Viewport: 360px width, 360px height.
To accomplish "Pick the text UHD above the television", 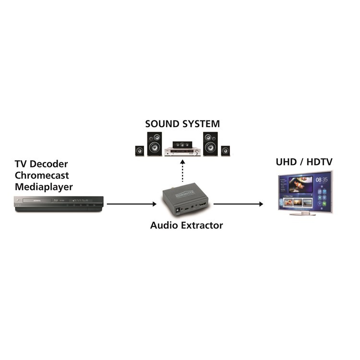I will pos(286,163).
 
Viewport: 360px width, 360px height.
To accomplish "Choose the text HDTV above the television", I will pos(319,163).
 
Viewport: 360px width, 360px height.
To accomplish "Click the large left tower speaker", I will pos(154,144).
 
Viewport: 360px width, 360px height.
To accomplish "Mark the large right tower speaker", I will pos(210,144).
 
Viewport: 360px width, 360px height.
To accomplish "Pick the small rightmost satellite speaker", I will pos(226,150).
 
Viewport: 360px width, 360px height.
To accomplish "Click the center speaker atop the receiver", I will pos(182,143).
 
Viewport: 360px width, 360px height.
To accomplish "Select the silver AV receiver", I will pos(182,151).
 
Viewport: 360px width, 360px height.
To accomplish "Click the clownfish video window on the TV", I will pos(300,184).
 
